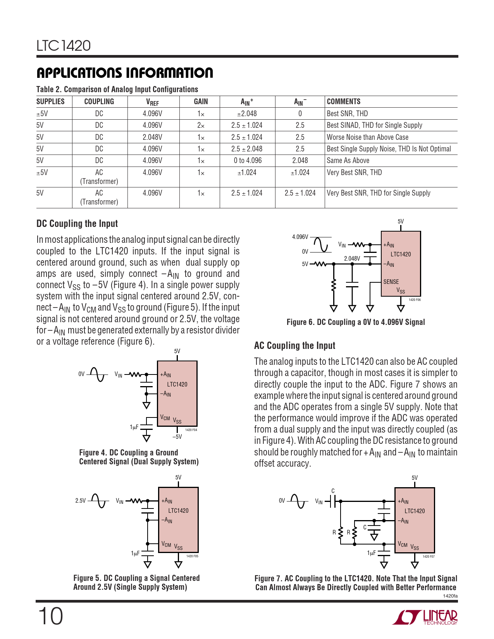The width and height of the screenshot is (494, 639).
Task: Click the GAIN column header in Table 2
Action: (x=201, y=101)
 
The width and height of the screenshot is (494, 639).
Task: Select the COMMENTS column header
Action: (x=344, y=101)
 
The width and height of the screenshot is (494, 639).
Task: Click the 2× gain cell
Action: (x=201, y=125)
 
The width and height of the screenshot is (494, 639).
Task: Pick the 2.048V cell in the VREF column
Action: (x=152, y=137)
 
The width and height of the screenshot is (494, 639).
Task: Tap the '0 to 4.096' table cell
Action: (x=248, y=160)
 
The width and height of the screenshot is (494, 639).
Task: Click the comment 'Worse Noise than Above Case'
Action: (x=367, y=137)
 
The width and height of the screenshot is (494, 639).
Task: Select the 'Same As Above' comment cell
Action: (x=348, y=160)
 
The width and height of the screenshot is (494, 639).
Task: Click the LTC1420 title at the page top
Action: (x=64, y=46)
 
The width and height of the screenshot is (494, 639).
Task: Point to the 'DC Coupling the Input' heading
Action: (x=77, y=223)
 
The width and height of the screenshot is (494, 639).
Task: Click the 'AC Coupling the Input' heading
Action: (x=294, y=345)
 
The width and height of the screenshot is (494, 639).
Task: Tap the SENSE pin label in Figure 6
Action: (x=391, y=282)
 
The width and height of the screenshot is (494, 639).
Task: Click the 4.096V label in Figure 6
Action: (x=300, y=237)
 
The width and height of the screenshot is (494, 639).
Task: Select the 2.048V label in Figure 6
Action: (x=352, y=258)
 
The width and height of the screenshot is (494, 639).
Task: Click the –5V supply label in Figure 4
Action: (x=177, y=436)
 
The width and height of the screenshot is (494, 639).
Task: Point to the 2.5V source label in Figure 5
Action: (x=80, y=500)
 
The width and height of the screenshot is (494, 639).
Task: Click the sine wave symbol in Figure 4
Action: (x=96, y=374)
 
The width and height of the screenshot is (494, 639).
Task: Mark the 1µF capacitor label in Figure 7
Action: (x=371, y=553)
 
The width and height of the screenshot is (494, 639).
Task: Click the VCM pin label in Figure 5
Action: (x=166, y=545)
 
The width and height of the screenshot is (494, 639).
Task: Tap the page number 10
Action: (x=50, y=616)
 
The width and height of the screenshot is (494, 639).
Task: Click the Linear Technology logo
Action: (x=425, y=617)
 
